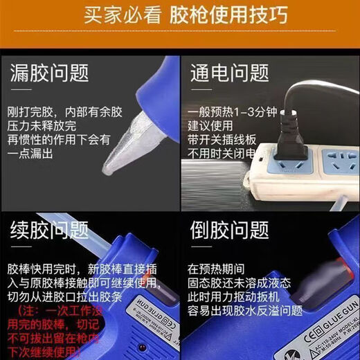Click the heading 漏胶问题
49,72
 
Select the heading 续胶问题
49,228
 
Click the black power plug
285,138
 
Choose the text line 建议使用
209,127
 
